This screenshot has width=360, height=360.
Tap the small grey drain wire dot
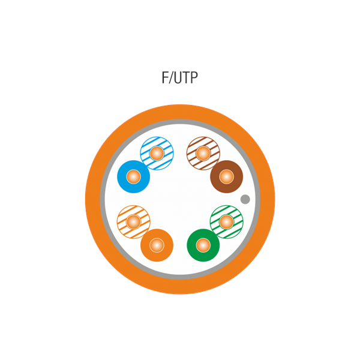(x=245, y=199)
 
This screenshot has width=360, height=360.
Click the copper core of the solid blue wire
(x=133, y=177)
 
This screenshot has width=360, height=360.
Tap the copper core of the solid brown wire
(x=227, y=177)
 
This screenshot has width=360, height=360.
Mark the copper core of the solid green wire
(x=203, y=245)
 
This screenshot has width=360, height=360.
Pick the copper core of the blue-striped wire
(x=157, y=154)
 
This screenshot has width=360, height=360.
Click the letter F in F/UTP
(x=166, y=77)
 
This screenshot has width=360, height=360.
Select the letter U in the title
(x=178, y=78)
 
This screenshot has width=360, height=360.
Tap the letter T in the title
(x=187, y=77)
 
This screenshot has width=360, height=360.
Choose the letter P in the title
(x=194, y=77)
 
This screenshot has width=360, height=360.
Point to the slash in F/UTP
(x=172, y=78)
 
